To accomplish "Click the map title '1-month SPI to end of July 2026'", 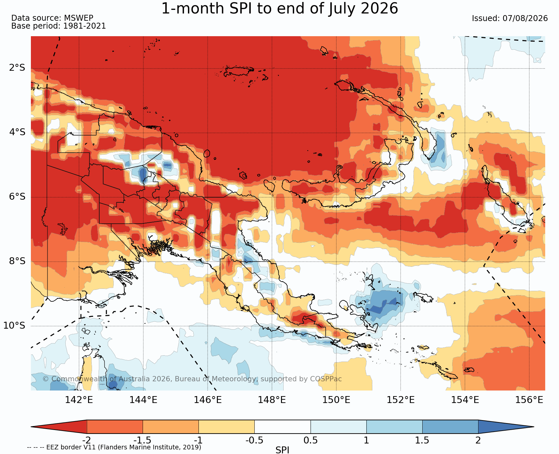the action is [x=280, y=9].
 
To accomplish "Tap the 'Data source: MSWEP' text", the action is [x=52, y=18].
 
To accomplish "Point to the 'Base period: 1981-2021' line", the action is [x=58, y=26].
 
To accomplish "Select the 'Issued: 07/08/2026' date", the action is [x=510, y=18].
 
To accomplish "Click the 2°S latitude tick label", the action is [x=17, y=68].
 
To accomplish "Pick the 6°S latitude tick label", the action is [x=17, y=197].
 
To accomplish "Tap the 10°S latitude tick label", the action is [x=14, y=326].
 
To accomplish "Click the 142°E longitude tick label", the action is [x=79, y=400].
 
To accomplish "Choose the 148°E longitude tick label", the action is [x=272, y=400].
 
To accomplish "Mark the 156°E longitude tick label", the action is [x=529, y=400].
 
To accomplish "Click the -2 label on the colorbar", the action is [x=86, y=440].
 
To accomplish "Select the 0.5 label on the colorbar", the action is [x=311, y=440].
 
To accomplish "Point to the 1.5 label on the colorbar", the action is [x=422, y=440].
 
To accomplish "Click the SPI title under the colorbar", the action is [x=282, y=450].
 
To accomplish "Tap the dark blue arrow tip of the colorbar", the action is [x=533, y=427].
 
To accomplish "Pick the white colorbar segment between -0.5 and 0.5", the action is [x=283, y=427].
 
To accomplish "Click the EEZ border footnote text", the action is [x=114, y=447].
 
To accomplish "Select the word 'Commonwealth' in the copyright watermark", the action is [x=79, y=379].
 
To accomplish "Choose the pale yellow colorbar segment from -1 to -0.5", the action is [x=227, y=427].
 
